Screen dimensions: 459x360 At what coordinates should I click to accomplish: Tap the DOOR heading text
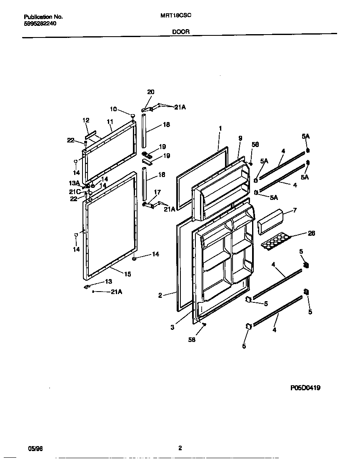point(180,31)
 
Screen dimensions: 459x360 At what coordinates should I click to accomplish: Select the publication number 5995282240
point(40,24)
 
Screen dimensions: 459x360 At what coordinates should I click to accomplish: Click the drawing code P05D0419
point(305,387)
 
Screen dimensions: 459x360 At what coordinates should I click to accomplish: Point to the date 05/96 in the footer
point(35,449)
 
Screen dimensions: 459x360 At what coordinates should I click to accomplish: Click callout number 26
point(311,233)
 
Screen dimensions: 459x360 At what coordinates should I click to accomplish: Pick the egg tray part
point(275,241)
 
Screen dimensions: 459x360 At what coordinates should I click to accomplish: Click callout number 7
point(295,210)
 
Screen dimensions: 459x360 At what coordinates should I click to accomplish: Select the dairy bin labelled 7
point(270,220)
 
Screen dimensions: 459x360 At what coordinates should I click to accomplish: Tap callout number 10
point(113,109)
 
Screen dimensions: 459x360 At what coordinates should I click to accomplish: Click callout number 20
point(150,92)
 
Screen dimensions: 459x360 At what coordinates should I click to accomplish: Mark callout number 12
point(86,120)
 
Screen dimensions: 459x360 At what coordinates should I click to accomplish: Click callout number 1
point(220,128)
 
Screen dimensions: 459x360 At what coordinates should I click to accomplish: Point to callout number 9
point(240,138)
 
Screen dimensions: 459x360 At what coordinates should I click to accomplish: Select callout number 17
point(157,192)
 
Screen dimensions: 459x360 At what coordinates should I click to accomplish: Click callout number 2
point(160,295)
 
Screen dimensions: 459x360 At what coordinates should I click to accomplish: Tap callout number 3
point(172,327)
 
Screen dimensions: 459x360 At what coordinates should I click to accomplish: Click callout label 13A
point(74,183)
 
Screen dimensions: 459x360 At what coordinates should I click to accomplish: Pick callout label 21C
point(75,192)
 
